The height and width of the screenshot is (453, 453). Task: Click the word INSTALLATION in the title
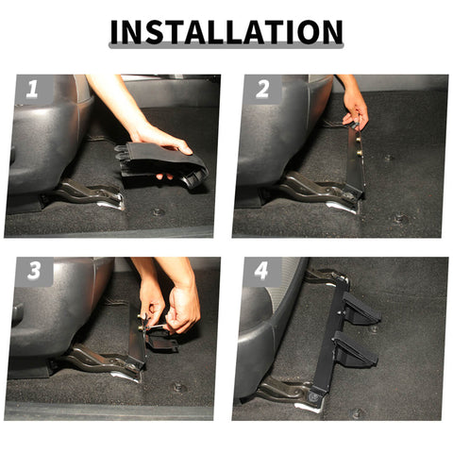tap(226, 32)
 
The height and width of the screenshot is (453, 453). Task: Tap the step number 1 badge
tap(32, 91)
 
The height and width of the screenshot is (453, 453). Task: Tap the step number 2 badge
tap(261, 91)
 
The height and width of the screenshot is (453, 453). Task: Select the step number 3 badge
tap(33, 272)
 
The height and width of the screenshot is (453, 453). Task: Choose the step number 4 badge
tap(261, 272)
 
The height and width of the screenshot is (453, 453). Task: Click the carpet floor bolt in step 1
tap(158, 211)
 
